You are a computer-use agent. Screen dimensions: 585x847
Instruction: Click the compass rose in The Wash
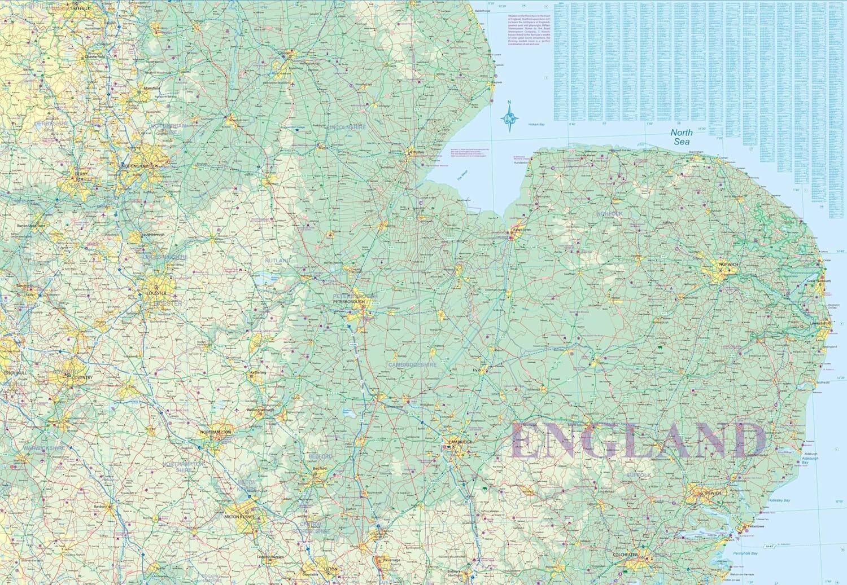tap(509, 117)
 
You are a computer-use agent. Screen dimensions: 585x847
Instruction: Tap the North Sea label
tap(681, 137)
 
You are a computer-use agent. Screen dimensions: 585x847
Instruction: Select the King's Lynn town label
tap(519, 230)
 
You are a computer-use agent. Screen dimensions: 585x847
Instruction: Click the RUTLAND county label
tap(278, 261)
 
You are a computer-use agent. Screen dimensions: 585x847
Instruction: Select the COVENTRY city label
tap(81, 377)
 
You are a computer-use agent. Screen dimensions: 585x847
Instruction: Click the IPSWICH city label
tap(713, 493)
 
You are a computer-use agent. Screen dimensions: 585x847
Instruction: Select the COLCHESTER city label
tap(625, 555)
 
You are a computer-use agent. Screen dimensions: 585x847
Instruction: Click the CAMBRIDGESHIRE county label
tap(412, 365)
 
